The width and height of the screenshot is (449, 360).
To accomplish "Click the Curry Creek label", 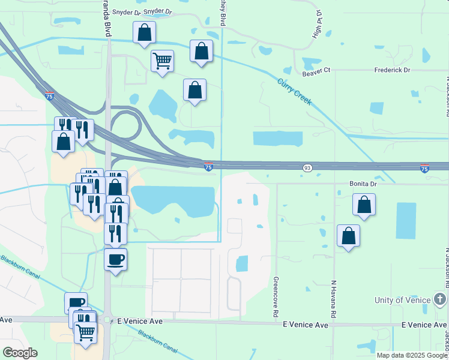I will (x=295, y=92).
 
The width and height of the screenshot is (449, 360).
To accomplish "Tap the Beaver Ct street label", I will (x=316, y=71).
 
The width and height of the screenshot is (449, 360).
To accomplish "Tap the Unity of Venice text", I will (x=402, y=300).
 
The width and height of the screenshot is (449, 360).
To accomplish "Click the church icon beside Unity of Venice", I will (x=440, y=299).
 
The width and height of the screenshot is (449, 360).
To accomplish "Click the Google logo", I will (x=20, y=353).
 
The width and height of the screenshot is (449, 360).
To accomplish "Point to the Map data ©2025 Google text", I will (x=412, y=355).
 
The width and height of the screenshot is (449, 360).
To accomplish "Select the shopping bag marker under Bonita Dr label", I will (x=364, y=205).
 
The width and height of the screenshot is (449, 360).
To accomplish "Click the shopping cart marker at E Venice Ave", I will (x=86, y=331).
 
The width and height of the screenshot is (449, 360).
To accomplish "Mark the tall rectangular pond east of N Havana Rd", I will (x=406, y=220).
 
